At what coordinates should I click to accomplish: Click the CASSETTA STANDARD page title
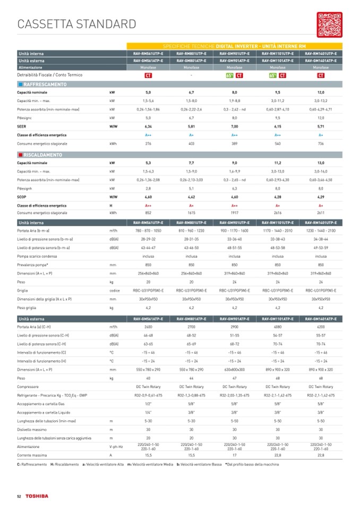[x=77, y=24]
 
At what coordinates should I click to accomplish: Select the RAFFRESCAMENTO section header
[x=45, y=85]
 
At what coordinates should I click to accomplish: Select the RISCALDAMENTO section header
[x=43, y=155]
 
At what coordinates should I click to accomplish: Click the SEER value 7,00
[x=235, y=127]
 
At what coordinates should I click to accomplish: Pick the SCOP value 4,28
[x=278, y=197]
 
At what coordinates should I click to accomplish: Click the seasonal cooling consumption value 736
[x=321, y=144]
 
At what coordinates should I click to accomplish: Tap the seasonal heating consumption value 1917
[x=235, y=213]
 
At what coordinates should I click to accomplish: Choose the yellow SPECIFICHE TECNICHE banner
[x=234, y=47]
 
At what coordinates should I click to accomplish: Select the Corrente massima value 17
[x=235, y=455]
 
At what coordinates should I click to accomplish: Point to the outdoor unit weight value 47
[x=235, y=378]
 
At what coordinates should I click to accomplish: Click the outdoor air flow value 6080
[x=278, y=327]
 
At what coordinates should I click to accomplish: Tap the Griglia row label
[x=23, y=290]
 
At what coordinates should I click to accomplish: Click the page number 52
[x=19, y=496]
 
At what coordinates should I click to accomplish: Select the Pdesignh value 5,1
[x=191, y=188]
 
